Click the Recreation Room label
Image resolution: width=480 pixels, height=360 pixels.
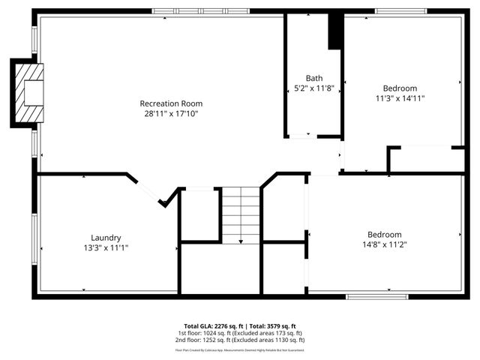click(171, 103)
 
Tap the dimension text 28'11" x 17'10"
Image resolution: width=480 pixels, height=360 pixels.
click(171, 114)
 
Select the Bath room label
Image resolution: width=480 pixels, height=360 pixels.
click(313, 78)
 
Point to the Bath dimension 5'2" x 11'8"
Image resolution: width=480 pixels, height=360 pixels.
click(313, 88)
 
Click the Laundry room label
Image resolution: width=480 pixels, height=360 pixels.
click(106, 237)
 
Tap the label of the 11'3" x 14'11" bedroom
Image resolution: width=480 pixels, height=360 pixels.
click(400, 88)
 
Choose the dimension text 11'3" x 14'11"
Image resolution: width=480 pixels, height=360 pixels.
click(400, 97)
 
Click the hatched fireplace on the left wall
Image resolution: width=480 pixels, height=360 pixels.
click(28, 91)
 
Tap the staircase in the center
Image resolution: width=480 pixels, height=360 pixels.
click(240, 214)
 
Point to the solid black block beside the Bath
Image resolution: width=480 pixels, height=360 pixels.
click(335, 31)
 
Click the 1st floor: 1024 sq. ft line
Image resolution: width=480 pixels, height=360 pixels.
click(240, 333)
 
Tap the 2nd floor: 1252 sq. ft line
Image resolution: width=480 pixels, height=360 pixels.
click(240, 340)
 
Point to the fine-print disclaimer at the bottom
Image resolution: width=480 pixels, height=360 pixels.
click(240, 349)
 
